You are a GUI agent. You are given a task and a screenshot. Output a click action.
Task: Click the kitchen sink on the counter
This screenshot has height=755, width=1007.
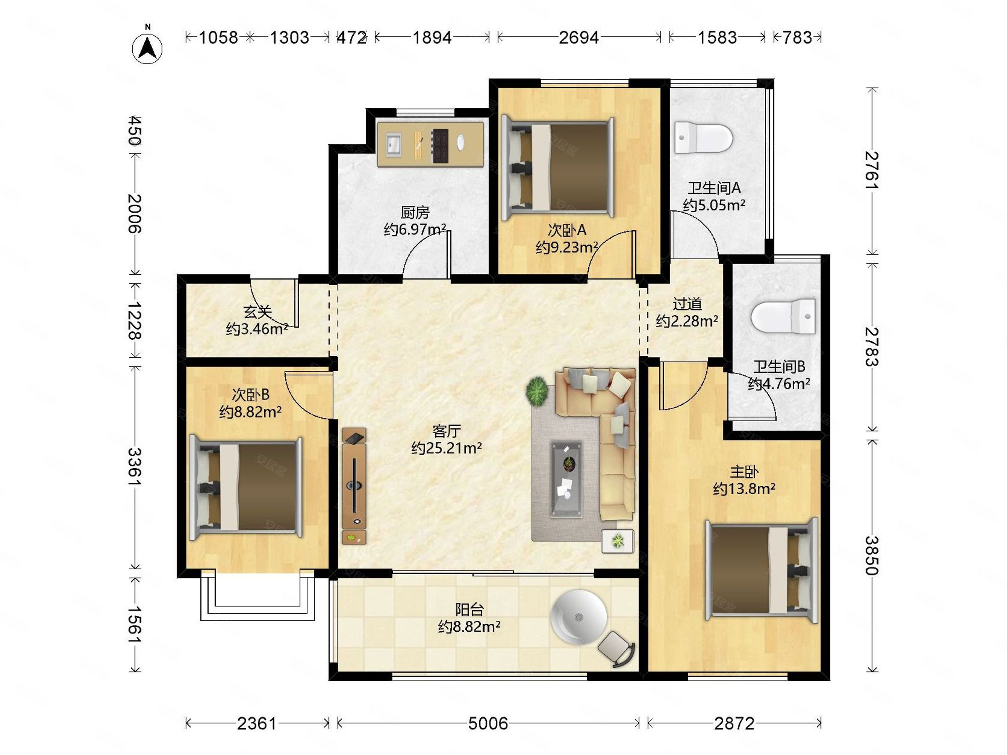[x=394, y=144]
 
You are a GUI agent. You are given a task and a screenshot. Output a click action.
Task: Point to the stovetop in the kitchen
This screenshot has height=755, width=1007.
[x=440, y=146]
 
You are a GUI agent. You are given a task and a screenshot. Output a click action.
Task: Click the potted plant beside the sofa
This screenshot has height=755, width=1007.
[x=537, y=391]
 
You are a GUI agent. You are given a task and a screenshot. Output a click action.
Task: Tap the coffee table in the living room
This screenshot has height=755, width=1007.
[x=566, y=479]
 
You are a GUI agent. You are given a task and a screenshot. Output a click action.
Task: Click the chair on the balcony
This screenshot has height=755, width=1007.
[x=616, y=649]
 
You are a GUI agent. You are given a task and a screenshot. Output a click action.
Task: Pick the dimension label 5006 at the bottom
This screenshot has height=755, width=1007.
[x=488, y=724]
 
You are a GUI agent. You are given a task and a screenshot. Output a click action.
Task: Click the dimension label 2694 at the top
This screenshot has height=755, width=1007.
[x=579, y=37]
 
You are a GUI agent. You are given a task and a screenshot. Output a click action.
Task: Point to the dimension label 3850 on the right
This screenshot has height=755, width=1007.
[x=871, y=556]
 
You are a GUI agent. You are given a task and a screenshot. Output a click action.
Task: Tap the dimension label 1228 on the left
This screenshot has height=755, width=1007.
[x=134, y=320]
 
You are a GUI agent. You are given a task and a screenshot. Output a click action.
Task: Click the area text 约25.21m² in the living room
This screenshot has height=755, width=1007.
[x=446, y=448]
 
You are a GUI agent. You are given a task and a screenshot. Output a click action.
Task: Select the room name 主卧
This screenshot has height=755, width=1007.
[x=744, y=471]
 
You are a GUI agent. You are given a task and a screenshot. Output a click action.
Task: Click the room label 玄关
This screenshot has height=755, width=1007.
[x=257, y=312]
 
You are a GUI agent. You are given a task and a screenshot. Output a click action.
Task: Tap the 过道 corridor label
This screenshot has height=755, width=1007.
[x=687, y=304]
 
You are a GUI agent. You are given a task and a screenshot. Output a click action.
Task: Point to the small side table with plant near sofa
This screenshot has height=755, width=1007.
[x=618, y=541]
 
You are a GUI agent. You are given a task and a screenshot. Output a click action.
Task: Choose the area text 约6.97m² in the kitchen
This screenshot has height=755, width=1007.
[x=415, y=229]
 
